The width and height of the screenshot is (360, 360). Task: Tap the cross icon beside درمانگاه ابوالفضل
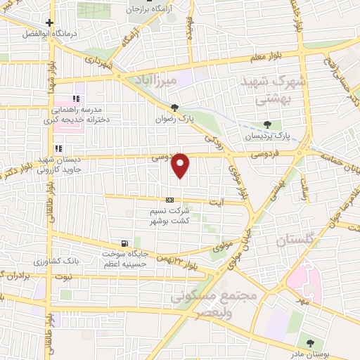[x=50, y=22]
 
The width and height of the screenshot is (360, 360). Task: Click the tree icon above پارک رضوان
[x=174, y=108]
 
